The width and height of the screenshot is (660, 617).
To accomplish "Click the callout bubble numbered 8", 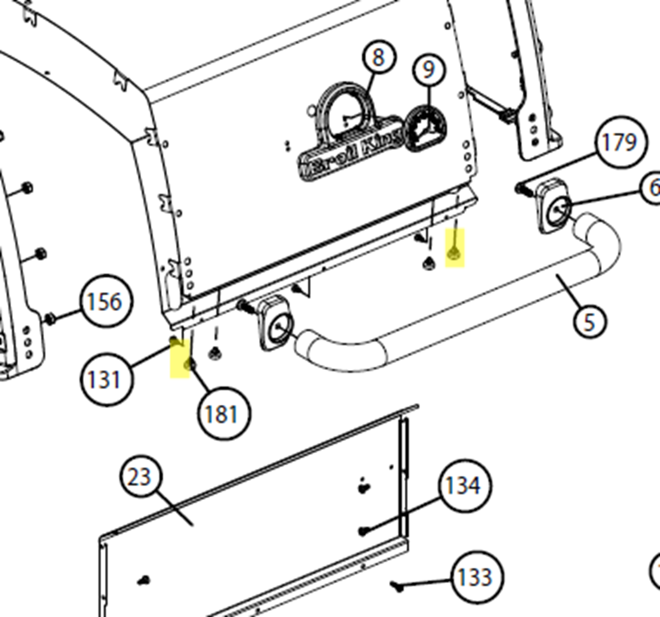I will pos(378,57).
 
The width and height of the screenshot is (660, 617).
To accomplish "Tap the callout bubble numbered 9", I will pos(429,70).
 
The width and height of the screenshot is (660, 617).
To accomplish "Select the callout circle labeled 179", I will pos(620,143).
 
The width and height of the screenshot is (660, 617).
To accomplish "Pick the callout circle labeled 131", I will pos(104,379).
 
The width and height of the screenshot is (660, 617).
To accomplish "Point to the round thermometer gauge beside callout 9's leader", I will pos(426,129).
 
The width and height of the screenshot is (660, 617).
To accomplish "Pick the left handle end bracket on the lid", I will pos(275,323).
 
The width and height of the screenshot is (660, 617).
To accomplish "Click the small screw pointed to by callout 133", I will pos(397,586).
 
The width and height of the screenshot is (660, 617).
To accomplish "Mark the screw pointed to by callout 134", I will pos(364,530).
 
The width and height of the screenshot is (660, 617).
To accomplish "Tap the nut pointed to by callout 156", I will pos(50,319).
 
